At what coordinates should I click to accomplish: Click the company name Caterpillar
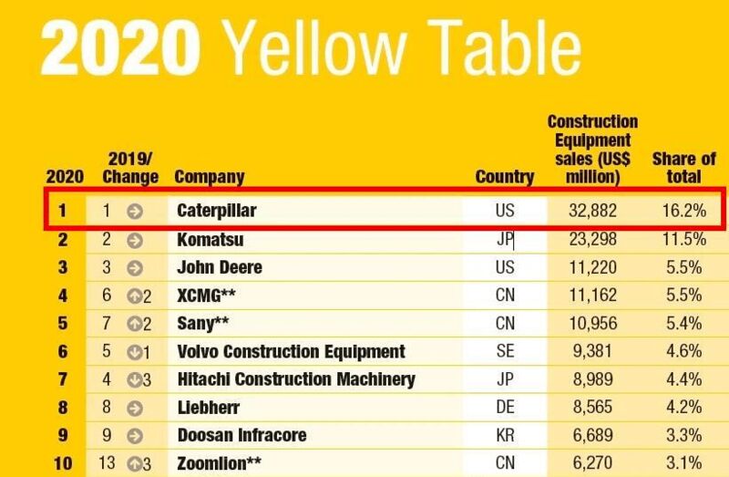click(217, 211)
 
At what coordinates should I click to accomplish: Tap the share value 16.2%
click(683, 211)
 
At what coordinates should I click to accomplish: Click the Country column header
click(505, 177)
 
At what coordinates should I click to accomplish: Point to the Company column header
click(209, 177)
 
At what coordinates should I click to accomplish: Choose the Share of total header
click(683, 168)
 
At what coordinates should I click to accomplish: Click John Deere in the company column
click(220, 268)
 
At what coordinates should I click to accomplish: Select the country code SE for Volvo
click(505, 352)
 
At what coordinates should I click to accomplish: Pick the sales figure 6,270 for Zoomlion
click(594, 463)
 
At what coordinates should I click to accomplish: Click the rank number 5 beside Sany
click(63, 324)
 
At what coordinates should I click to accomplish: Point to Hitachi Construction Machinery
click(295, 379)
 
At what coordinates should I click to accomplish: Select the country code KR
click(505, 436)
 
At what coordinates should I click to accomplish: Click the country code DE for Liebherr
click(505, 408)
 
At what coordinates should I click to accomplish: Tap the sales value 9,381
click(594, 352)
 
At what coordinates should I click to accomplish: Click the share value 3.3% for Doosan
click(683, 436)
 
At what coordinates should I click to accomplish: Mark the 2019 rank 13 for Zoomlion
click(108, 463)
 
